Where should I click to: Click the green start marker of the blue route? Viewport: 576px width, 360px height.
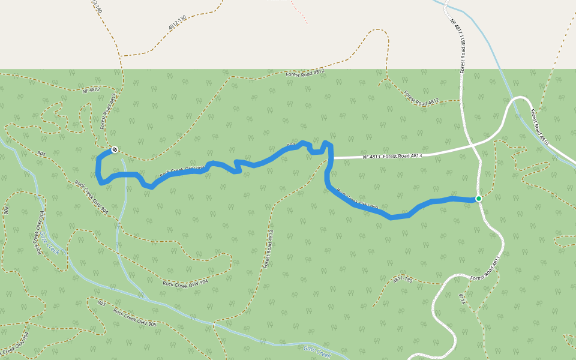478,199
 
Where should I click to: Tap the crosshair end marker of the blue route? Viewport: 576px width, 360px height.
114,149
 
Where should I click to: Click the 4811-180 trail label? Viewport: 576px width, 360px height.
403,280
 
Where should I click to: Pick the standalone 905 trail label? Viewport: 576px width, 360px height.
101,303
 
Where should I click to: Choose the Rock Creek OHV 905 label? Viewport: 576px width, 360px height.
135,318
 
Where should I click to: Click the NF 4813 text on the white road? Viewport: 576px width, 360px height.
372,157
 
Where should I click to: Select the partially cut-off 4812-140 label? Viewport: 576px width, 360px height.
98,7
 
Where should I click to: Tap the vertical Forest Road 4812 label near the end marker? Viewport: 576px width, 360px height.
107,111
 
